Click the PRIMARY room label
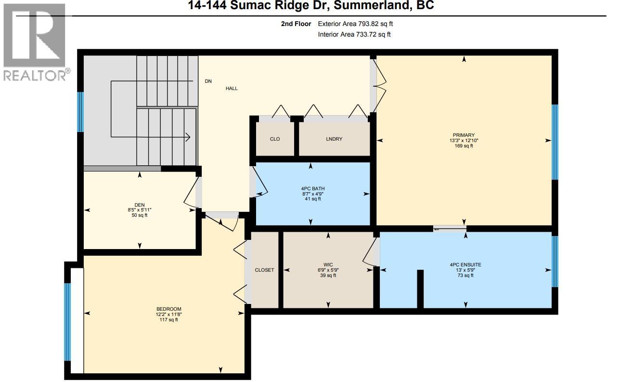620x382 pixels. click(464, 135)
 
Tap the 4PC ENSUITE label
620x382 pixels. click(465, 264)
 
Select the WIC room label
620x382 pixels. click(328, 264)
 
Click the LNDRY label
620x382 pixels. click(334, 139)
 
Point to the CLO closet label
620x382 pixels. click(275, 139)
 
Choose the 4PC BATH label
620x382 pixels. click(310, 188)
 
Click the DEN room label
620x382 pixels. click(140, 205)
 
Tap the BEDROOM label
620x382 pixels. click(168, 309)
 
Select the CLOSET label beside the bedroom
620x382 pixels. click(264, 270)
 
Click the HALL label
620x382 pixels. click(232, 89)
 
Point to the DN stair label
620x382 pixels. click(208, 81)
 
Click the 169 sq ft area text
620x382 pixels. click(464, 146)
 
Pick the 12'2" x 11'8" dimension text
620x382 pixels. click(168, 315)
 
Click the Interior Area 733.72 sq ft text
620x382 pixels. click(354, 34)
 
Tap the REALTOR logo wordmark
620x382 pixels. click(37, 75)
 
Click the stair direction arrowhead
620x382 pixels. click(187, 137)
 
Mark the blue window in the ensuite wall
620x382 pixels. click(555, 261)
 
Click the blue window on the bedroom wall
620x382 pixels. click(67, 322)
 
